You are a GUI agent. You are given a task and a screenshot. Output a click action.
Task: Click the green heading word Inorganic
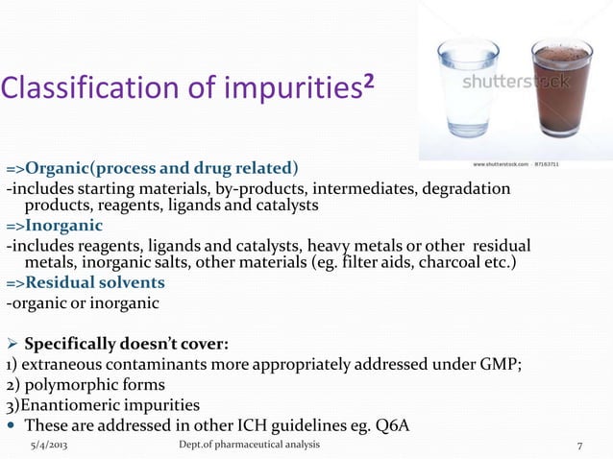coord(66,226)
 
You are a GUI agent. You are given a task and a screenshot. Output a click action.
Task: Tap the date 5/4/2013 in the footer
coord(48,446)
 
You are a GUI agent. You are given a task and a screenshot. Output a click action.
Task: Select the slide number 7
coord(579,446)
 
